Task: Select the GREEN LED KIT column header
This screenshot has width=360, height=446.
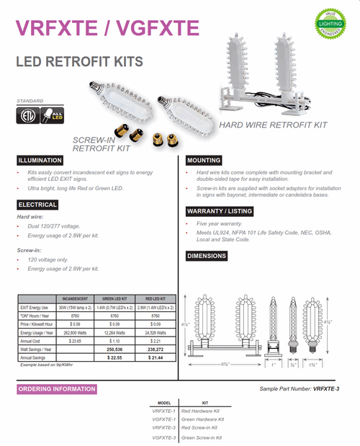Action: coord(114,298)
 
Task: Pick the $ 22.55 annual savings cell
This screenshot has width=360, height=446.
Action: coord(114,357)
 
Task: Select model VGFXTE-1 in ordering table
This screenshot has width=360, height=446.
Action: coord(165,419)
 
